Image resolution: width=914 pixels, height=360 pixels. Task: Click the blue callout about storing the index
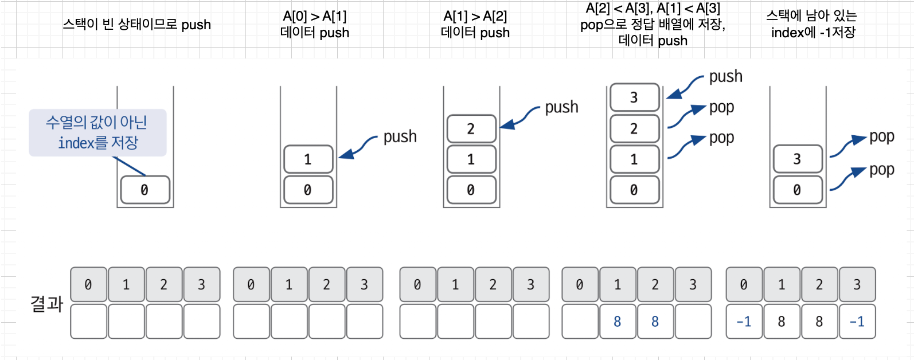coord(97,132)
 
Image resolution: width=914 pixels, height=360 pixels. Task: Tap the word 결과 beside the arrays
coord(46,303)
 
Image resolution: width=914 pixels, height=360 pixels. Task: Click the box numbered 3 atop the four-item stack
coord(634,97)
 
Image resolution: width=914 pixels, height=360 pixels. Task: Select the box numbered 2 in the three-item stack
coord(471,129)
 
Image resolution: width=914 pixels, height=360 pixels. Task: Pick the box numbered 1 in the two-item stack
coord(308,159)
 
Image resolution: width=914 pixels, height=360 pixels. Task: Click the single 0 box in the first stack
coord(144,190)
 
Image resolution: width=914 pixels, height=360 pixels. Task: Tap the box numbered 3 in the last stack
coord(797,159)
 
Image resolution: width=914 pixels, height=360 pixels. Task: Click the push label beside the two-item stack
coord(400,136)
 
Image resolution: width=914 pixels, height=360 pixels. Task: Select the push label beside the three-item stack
coord(561,107)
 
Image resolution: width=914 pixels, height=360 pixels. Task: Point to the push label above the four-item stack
coord(725,76)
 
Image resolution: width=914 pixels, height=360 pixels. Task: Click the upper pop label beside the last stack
coord(881,136)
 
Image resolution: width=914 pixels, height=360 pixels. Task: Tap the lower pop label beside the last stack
coord(881,170)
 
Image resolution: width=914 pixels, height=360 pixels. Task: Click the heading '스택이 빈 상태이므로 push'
coord(136,25)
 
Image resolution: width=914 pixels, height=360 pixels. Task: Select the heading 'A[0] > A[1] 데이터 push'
coord(315,25)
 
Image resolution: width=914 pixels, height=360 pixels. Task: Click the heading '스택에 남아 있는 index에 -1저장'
coord(813,25)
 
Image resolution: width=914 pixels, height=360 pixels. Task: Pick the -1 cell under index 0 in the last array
coord(744,322)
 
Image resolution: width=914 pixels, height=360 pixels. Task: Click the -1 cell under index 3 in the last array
coord(857,322)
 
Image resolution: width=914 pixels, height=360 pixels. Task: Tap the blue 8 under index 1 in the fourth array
coord(617,322)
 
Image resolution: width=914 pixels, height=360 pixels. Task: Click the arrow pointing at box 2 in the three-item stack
coord(520,117)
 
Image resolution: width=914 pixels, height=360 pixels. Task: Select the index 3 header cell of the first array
coord(201,284)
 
